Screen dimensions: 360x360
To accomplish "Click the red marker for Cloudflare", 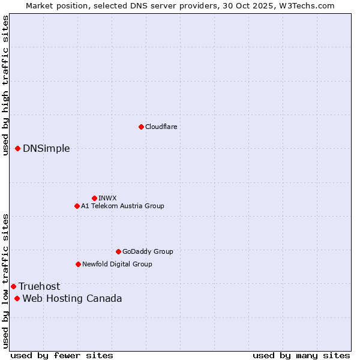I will (x=141, y=127).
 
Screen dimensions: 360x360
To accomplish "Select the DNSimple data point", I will (x=18, y=148).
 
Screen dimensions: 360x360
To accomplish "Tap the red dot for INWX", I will (x=94, y=198).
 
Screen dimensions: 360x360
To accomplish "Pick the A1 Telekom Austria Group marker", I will (x=77, y=206).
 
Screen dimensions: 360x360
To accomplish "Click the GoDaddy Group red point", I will (x=118, y=251).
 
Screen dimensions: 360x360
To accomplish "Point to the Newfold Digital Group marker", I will (x=78, y=264).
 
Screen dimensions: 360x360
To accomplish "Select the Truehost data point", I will (x=13, y=286).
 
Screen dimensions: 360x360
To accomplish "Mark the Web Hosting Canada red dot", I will (x=17, y=298).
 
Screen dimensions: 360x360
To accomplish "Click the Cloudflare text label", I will (x=161, y=127).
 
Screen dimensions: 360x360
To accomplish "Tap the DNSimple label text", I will (x=46, y=149).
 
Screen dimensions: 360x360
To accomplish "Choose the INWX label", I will (x=107, y=198).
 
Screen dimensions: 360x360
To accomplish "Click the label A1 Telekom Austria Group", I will (x=122, y=206).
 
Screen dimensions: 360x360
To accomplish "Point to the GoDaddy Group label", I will (x=148, y=251).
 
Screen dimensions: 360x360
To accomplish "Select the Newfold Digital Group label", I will (x=117, y=264).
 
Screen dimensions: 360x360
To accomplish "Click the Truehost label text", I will (x=39, y=287).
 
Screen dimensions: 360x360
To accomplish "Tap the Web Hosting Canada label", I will (x=72, y=299).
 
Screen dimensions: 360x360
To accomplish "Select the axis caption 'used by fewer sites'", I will (x=62, y=355).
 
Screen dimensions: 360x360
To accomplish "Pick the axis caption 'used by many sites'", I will (x=301, y=355).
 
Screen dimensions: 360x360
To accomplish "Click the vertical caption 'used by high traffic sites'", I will (x=5, y=86).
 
